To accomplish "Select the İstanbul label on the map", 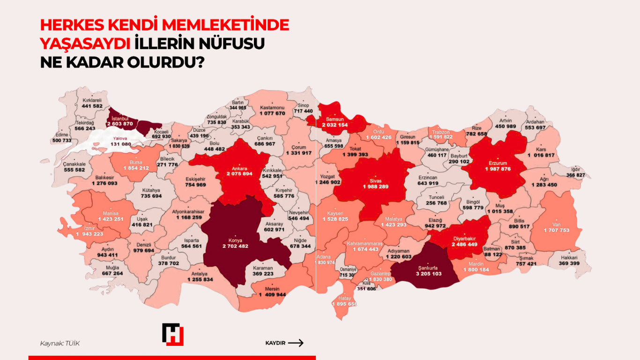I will click(120, 118).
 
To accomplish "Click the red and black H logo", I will click(172, 334).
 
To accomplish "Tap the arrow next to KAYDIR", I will click(296, 343).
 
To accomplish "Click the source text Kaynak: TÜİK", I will click(60, 344).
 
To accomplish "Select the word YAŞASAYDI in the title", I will click(85, 44).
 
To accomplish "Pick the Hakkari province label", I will click(570, 258).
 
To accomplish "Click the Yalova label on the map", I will click(122, 138).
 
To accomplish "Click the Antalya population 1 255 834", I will click(200, 279).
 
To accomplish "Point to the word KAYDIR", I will click(275, 343).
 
